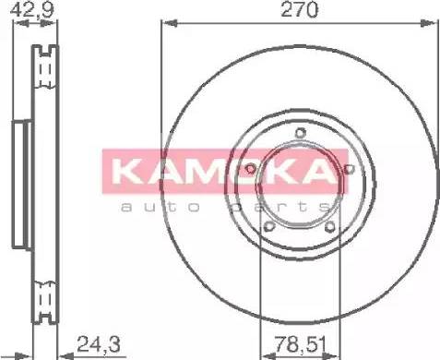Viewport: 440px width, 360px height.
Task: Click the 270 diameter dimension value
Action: (x=301, y=10)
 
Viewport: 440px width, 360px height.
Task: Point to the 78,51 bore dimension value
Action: (x=297, y=346)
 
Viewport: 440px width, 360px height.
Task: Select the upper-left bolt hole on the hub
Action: (x=254, y=167)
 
